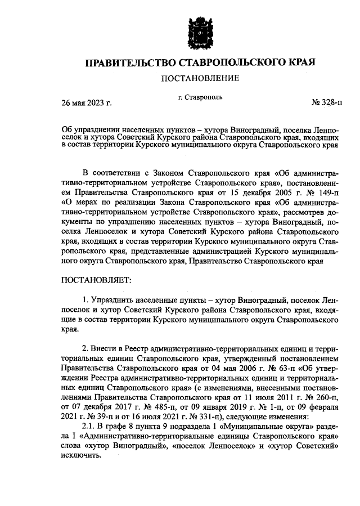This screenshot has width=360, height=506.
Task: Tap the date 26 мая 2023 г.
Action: click(86, 103)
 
